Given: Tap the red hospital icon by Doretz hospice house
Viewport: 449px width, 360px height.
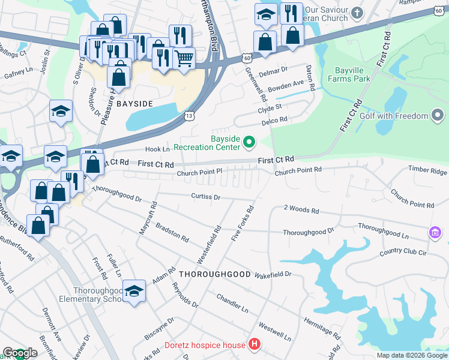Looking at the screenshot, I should [255, 344].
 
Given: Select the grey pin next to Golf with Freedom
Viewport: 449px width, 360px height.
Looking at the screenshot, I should [438, 116].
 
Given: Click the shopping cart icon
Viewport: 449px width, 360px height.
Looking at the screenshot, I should [184, 58].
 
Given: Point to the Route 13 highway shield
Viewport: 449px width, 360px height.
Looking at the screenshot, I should [190, 115].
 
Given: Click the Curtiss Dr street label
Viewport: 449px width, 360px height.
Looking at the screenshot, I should [206, 197].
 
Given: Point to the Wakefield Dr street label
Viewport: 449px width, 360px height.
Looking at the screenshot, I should [272, 274].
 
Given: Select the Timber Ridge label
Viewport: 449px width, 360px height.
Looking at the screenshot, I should [429, 170].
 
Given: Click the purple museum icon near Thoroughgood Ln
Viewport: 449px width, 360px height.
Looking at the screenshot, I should [435, 232].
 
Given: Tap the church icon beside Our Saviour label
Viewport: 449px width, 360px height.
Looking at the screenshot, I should [357, 13].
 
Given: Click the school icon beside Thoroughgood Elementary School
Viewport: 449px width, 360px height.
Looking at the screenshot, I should [134, 290].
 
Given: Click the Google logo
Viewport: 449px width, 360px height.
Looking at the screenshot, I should [20, 353].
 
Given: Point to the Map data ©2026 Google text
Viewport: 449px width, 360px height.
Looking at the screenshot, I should [411, 355].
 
